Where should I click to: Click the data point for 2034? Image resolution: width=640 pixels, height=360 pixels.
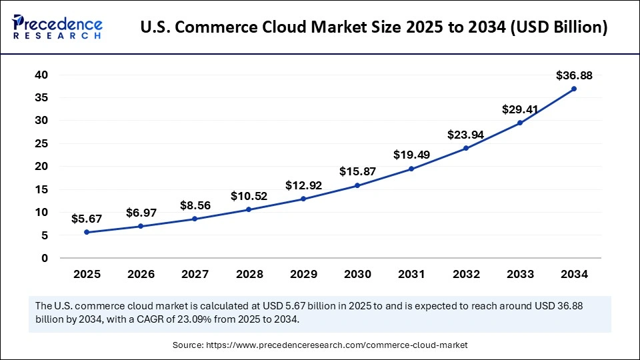574,89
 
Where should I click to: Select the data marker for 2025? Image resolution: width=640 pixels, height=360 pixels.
87,232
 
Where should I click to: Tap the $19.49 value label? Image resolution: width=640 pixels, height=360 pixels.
411,155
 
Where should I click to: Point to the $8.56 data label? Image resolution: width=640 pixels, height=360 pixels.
195,205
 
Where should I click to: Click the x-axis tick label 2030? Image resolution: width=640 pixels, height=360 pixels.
357,273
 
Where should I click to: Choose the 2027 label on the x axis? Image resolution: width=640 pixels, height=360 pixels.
195,273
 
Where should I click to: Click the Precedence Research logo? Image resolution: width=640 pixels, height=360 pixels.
57,27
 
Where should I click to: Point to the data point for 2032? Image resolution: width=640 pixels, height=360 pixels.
466,148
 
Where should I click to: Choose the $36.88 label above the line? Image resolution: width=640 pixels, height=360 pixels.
574,75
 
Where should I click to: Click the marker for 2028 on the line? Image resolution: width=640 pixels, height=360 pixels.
249,209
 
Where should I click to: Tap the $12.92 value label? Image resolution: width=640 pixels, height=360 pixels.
303,185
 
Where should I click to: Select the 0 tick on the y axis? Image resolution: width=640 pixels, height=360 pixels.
45,258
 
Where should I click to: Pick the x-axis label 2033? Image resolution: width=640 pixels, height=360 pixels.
520,273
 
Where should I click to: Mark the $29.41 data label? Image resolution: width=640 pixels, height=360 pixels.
520,109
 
